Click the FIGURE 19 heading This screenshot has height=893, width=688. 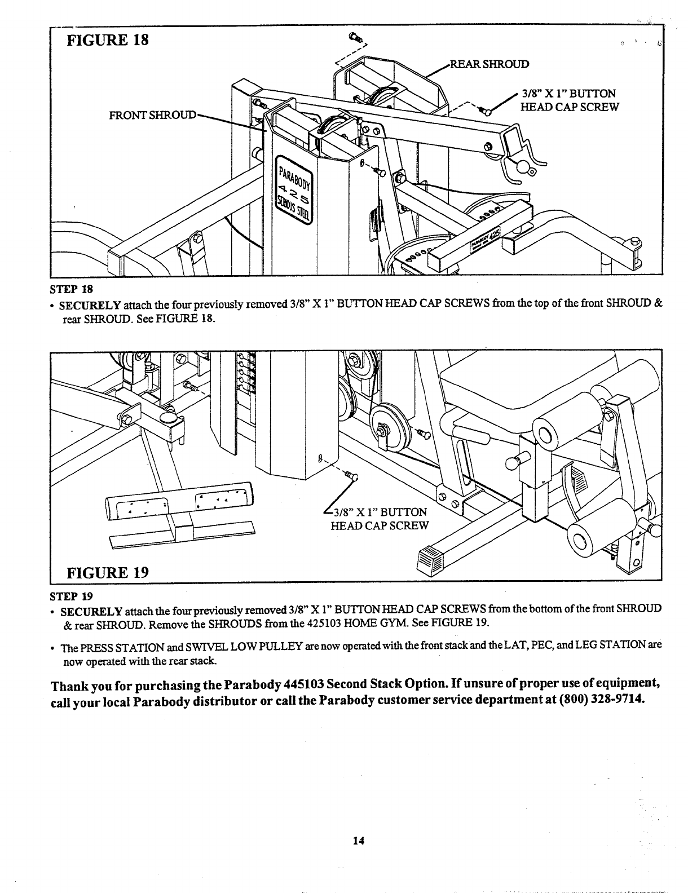coord(108,573)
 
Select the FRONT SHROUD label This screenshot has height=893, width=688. coord(153,116)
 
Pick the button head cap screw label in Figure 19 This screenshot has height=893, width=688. coord(380,519)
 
